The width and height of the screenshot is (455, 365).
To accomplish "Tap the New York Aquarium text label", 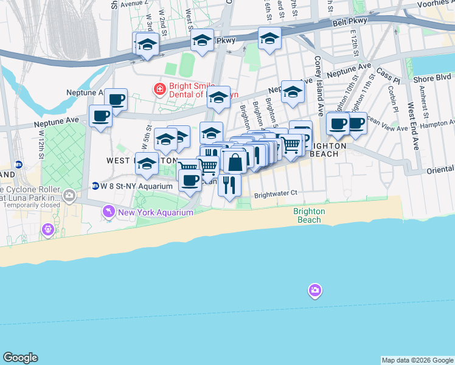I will pos(156,212).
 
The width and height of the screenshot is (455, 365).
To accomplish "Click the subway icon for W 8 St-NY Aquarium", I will pos(96,186).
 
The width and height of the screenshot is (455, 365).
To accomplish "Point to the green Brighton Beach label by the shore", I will pos(309,215).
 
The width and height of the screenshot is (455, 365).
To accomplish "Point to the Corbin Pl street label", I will pos(391,100).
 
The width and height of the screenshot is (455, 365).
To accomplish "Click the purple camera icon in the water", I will pos(314,290).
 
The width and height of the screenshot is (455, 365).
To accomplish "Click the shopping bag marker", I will pos(235,162).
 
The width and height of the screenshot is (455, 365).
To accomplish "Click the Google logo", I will pos(20,358).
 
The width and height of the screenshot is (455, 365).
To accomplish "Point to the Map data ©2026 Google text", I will pos(417,360).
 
